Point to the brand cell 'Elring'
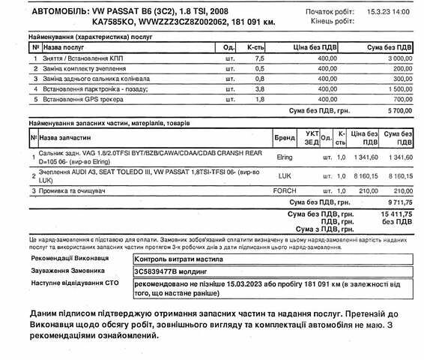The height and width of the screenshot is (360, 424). tap(283, 157)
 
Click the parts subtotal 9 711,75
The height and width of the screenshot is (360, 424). tap(398, 202)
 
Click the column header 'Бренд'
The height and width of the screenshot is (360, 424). tap(285, 139)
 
